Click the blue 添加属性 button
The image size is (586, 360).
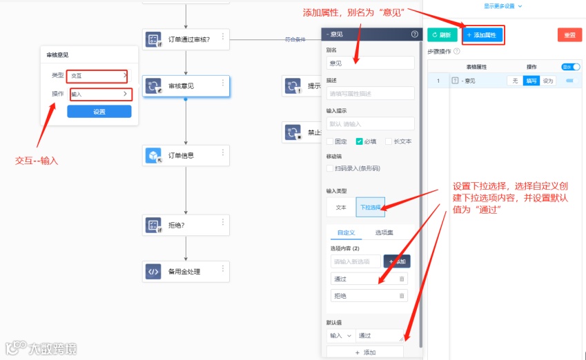click(482, 34)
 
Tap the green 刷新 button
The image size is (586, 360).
click(442, 34)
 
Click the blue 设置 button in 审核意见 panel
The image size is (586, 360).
click(99, 112)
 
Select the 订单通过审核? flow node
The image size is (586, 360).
click(185, 39)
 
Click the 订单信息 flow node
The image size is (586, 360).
click(185, 155)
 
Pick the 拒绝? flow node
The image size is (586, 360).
click(185, 225)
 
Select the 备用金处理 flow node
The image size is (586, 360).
click(185, 271)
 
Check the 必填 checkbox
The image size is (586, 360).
click(359, 141)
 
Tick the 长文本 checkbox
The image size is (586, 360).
click(389, 141)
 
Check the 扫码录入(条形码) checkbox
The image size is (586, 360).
click(330, 168)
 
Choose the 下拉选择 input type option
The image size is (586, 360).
click(371, 207)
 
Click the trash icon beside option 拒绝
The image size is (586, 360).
click(402, 296)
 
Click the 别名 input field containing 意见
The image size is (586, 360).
click(371, 62)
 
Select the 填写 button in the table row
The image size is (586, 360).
click(531, 81)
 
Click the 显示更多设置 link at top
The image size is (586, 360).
click(502, 6)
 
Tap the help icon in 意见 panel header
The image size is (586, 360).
click(414, 34)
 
